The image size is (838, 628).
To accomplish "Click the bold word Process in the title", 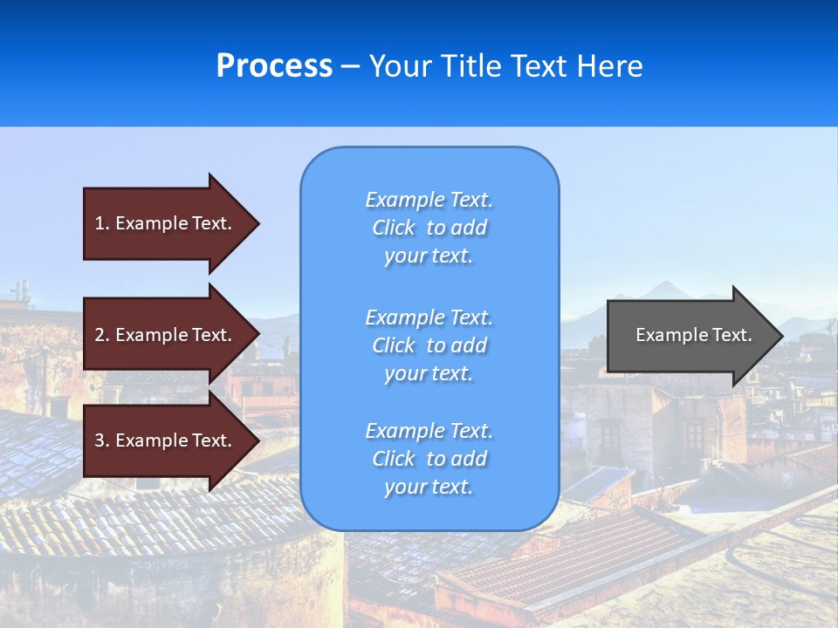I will click(x=274, y=66).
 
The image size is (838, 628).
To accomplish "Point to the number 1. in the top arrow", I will click(x=102, y=223).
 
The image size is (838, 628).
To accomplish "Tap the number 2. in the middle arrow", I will click(x=102, y=335).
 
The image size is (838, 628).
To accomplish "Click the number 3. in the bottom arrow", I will click(x=102, y=440).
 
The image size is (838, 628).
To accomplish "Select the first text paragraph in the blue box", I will click(x=429, y=228).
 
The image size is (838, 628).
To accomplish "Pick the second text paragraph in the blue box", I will click(x=429, y=345).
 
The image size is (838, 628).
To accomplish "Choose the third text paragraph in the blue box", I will click(x=429, y=459).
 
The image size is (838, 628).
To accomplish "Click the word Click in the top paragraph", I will click(x=394, y=229).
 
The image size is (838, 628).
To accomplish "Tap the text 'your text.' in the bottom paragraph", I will click(x=429, y=488).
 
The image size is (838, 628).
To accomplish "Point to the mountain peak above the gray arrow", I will click(x=669, y=283).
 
